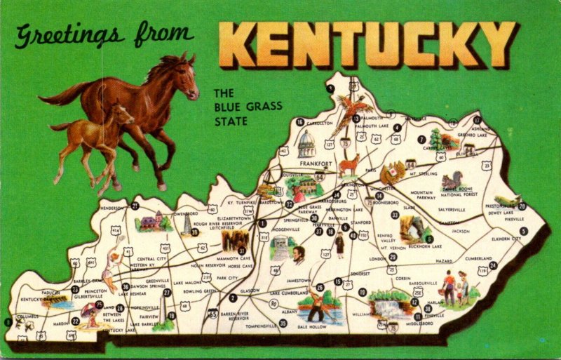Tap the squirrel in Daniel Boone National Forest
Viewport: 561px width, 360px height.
point(452,181)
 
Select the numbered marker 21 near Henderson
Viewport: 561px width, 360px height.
point(135,206)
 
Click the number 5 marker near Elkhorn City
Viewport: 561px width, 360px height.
point(523,231)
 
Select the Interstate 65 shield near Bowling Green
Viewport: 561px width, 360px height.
point(212,315)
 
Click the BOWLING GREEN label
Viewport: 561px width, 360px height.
point(200,290)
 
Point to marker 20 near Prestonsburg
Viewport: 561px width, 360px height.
point(521,206)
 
